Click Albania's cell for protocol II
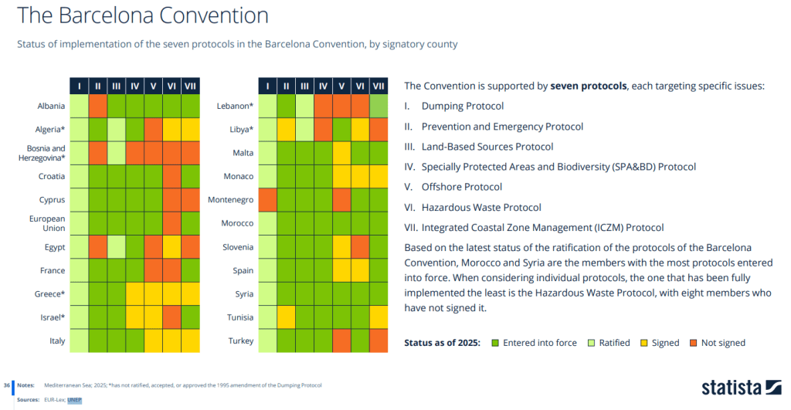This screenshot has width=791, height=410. (x=98, y=106)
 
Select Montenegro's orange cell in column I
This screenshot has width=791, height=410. (x=267, y=200)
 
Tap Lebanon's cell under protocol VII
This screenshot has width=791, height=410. (x=379, y=106)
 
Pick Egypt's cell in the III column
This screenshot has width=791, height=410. (x=117, y=247)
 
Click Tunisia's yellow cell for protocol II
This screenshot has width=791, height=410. (x=286, y=317)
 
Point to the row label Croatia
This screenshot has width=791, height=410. (x=52, y=177)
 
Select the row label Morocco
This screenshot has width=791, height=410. (x=237, y=223)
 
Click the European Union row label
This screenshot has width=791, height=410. (x=47, y=223)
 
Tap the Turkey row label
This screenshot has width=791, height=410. (x=241, y=341)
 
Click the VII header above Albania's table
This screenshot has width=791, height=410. (x=190, y=86)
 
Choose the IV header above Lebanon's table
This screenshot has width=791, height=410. (x=323, y=86)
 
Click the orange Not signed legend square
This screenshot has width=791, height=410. (x=694, y=343)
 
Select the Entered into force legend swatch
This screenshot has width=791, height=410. (x=495, y=343)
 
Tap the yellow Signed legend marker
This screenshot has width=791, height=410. (x=643, y=343)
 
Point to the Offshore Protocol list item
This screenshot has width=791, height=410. (x=462, y=187)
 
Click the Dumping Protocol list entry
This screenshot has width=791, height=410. (x=463, y=107)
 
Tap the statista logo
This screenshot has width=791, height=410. (x=741, y=388)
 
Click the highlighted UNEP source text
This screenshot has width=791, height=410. (x=74, y=400)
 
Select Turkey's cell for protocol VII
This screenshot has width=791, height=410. (x=379, y=341)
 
